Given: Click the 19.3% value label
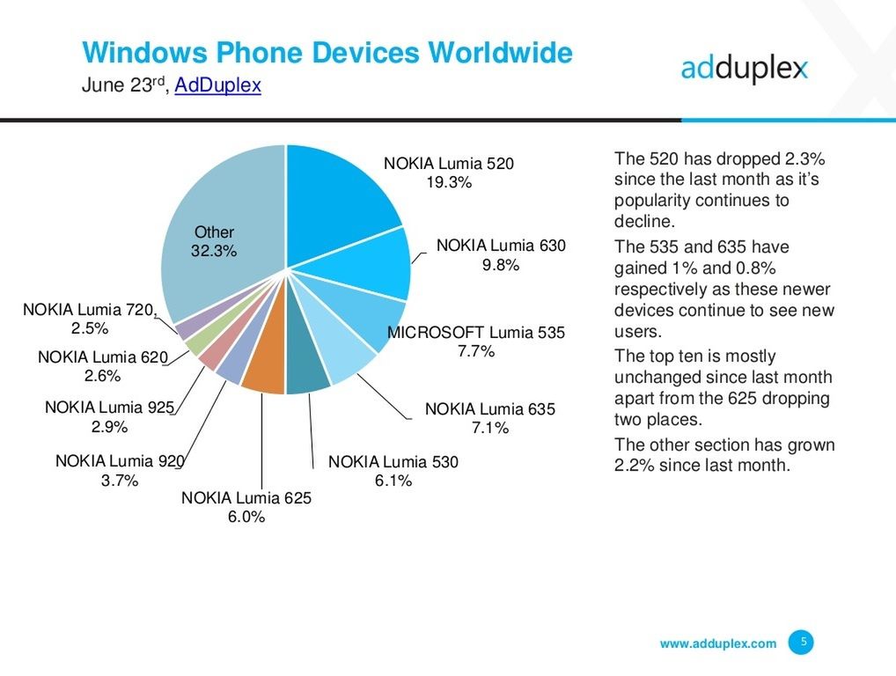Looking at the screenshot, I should (x=449, y=183).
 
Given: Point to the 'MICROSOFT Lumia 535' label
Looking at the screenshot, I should (x=476, y=333).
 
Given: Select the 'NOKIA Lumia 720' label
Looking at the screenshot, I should (x=89, y=309).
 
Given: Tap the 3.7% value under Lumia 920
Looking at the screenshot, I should (x=119, y=481).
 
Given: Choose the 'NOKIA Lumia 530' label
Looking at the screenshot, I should (x=393, y=461).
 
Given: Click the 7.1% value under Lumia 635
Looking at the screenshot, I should (x=489, y=429).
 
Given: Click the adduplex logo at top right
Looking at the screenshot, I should (x=744, y=69).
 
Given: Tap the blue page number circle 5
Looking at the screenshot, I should (x=801, y=643).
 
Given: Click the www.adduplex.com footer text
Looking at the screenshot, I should (x=718, y=643).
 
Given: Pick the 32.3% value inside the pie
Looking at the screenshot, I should (x=214, y=251).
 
